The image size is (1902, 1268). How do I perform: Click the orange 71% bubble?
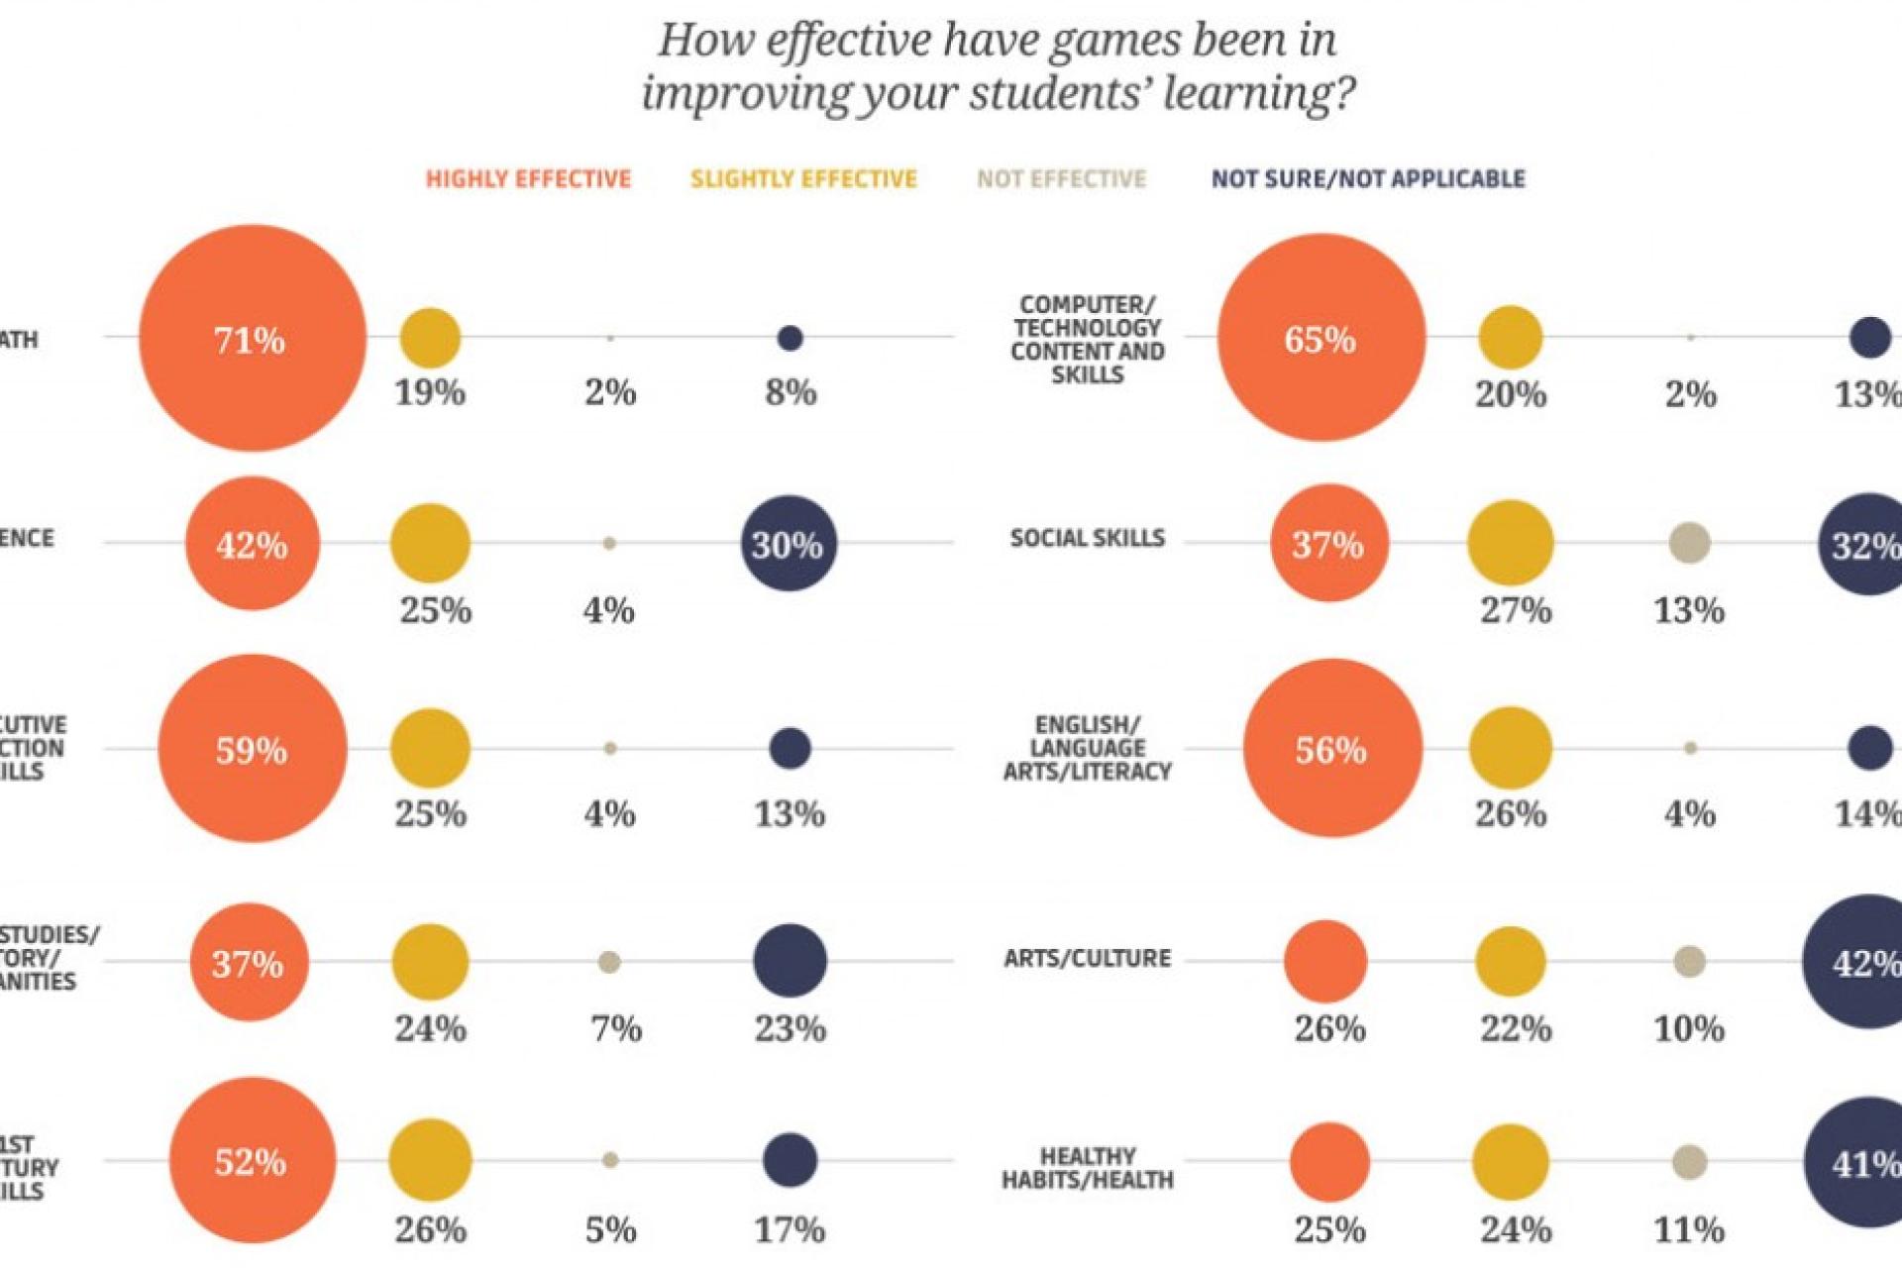[253, 338]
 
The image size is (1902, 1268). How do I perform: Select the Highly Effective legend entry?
[528, 179]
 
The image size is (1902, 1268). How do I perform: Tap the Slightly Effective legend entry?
[803, 179]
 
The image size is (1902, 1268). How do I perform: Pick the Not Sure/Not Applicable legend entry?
[1368, 179]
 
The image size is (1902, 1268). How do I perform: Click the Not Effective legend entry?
[1061, 179]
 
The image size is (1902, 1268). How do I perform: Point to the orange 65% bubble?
[1321, 338]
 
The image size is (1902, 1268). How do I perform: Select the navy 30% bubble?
[789, 544]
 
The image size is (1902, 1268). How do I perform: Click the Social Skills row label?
[1087, 538]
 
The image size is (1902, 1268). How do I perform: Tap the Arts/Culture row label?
[1087, 958]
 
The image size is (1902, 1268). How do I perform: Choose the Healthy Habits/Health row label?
[1087, 1168]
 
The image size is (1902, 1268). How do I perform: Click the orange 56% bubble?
[1332, 749]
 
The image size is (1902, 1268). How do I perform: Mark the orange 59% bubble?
[253, 749]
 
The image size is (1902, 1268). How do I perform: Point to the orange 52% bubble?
[253, 1160]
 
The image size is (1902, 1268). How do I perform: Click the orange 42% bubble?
[253, 544]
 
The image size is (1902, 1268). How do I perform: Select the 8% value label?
[791, 393]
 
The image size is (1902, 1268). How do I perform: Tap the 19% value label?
[430, 393]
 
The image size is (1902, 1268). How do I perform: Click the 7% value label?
[616, 1029]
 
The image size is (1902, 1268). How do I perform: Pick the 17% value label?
[790, 1230]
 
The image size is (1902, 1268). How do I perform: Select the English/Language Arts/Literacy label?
[1087, 748]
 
